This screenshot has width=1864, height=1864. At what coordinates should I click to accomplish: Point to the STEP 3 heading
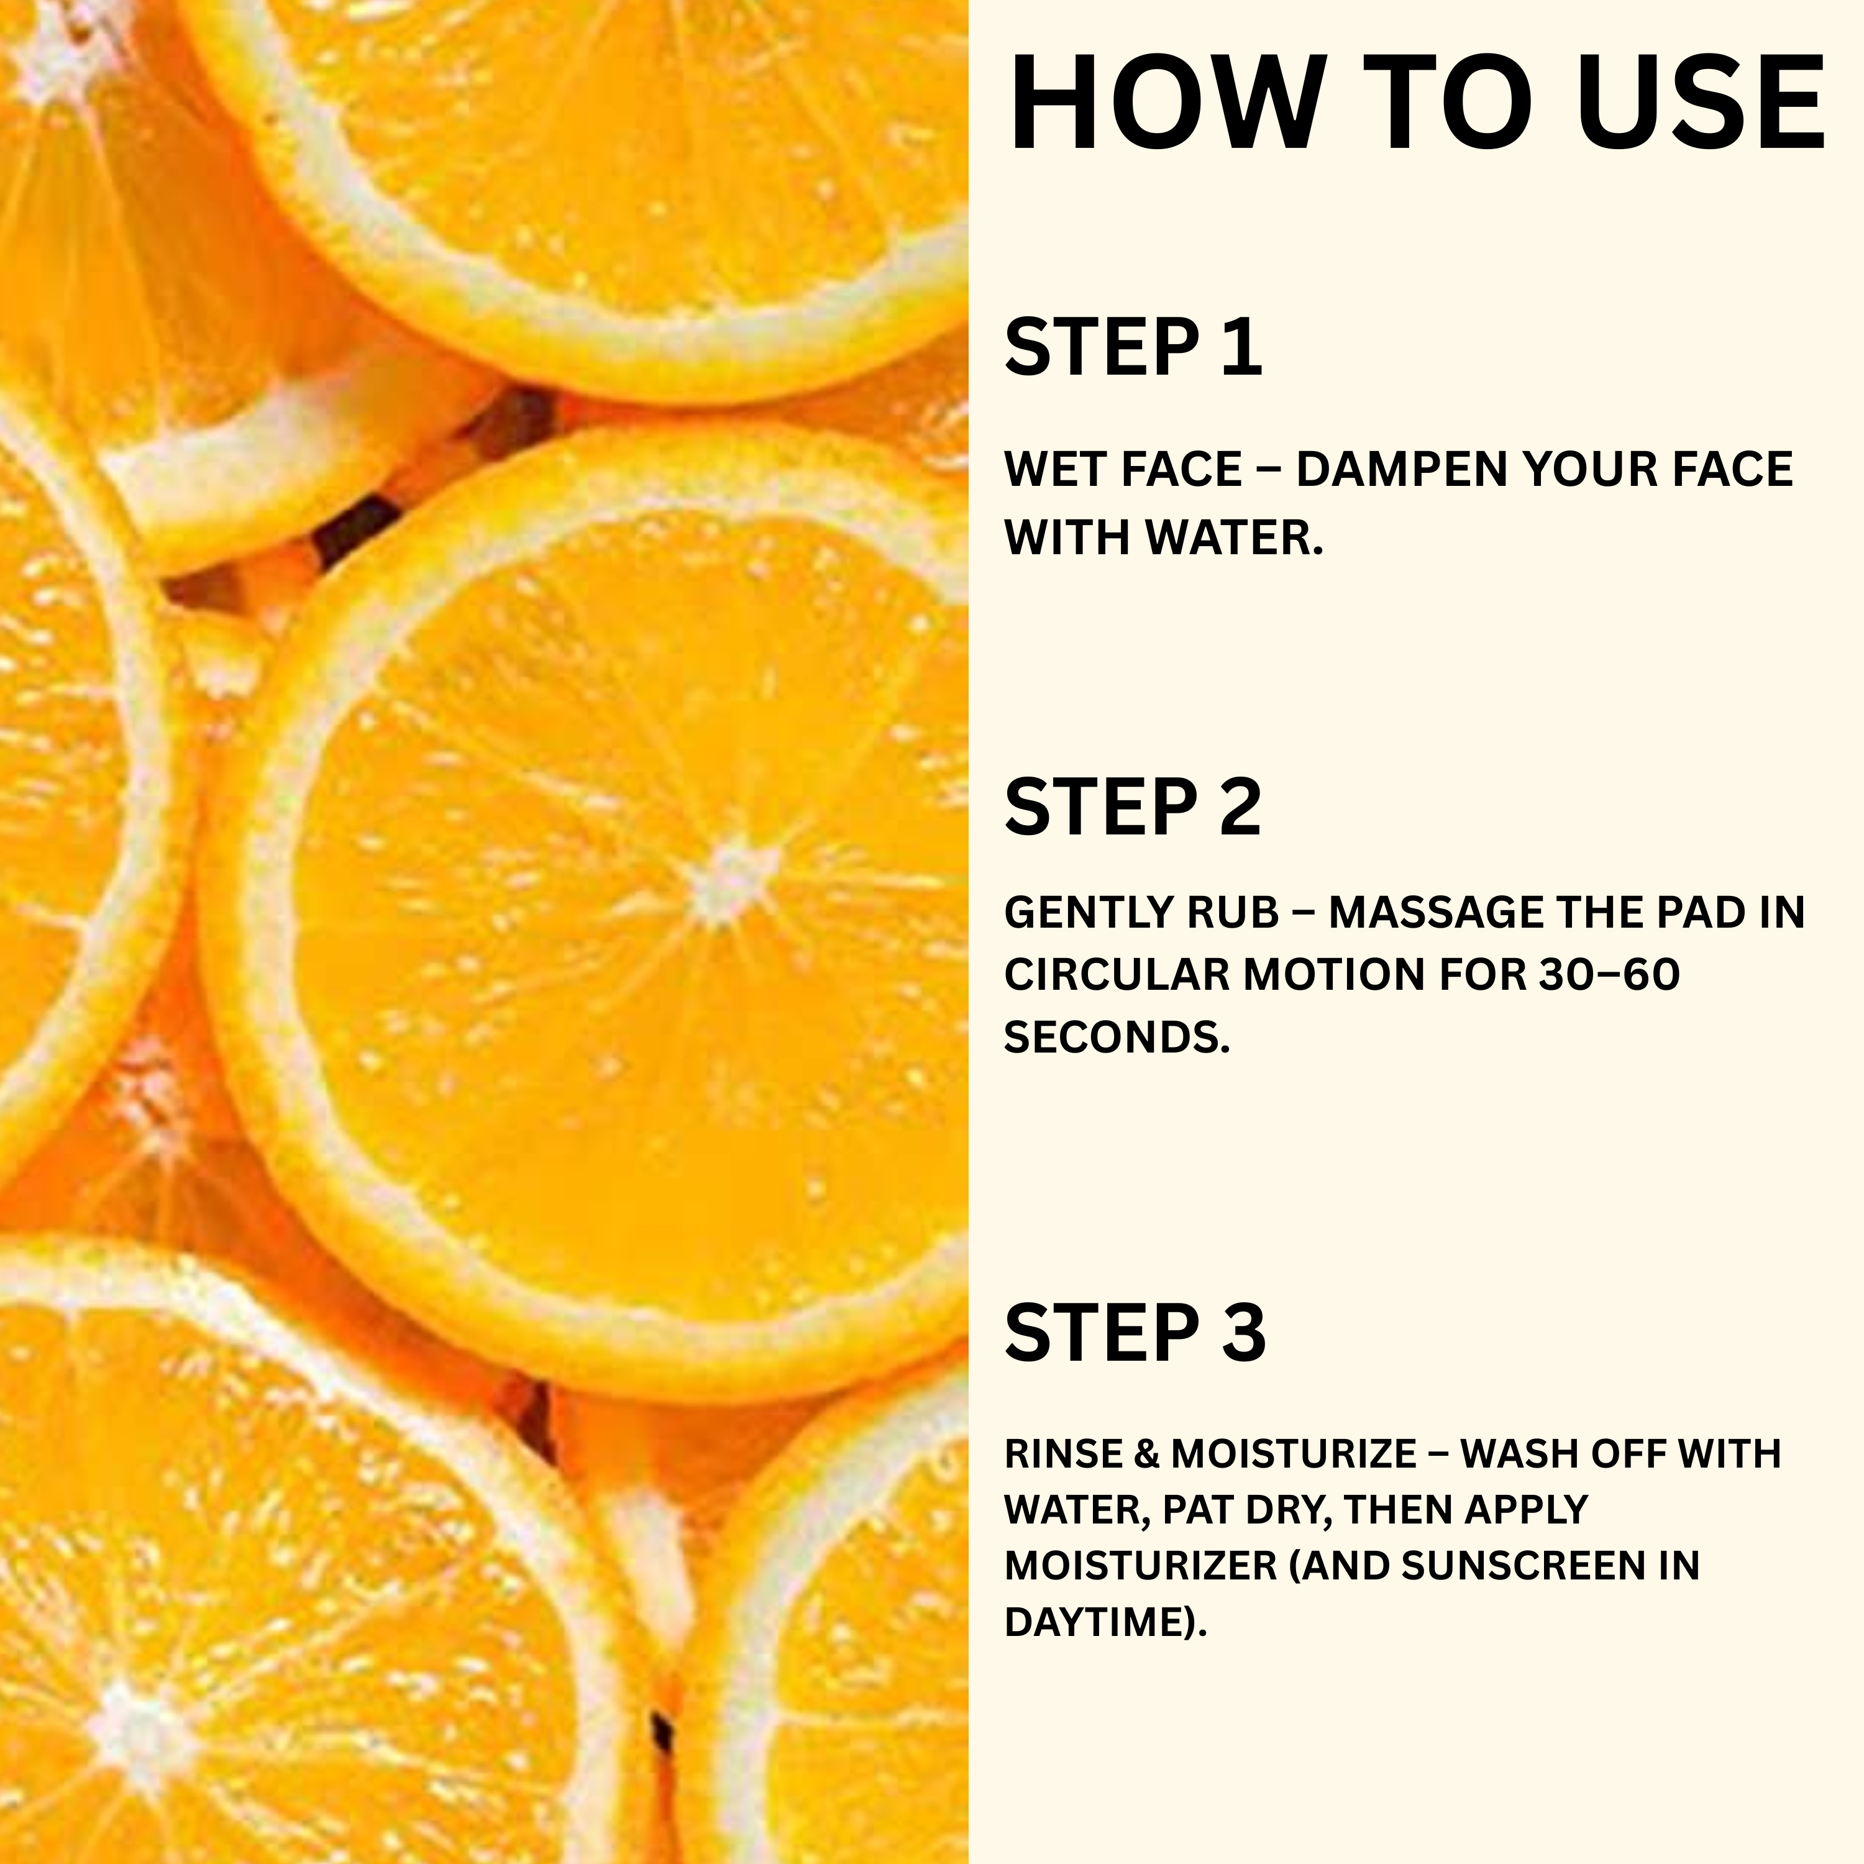pyautogui.click(x=1135, y=1332)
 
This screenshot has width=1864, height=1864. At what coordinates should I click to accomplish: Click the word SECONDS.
pyautogui.click(x=1117, y=1037)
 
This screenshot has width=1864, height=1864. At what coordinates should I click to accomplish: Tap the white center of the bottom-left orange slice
pyautogui.click(x=135, y=1727)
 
